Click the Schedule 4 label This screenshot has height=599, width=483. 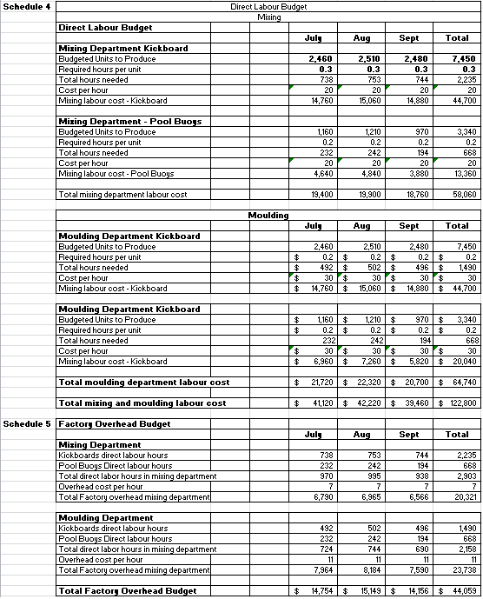(x=26, y=7)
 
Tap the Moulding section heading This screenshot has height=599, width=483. (x=262, y=214)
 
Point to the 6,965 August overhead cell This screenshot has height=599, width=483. (x=371, y=497)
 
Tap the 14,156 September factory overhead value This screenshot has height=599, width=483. (x=414, y=591)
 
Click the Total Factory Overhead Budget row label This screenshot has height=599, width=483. (x=127, y=591)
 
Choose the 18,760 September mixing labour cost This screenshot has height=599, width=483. (x=417, y=195)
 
